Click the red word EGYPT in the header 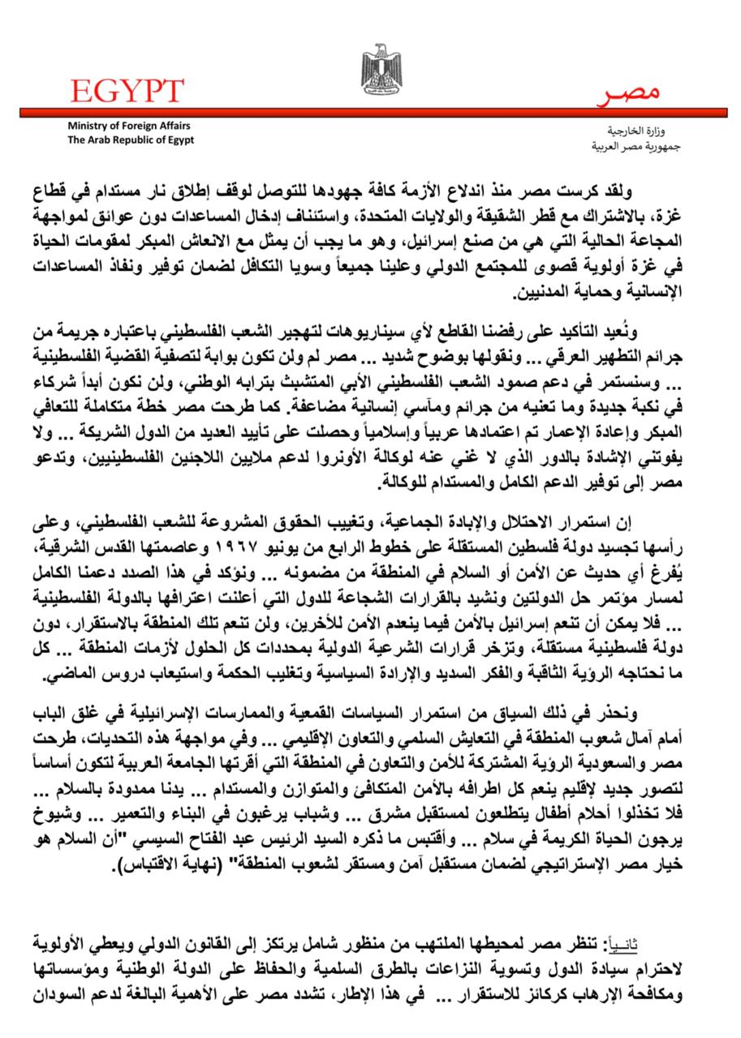click(x=127, y=90)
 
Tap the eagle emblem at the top click(x=381, y=70)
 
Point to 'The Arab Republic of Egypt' click(x=131, y=139)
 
